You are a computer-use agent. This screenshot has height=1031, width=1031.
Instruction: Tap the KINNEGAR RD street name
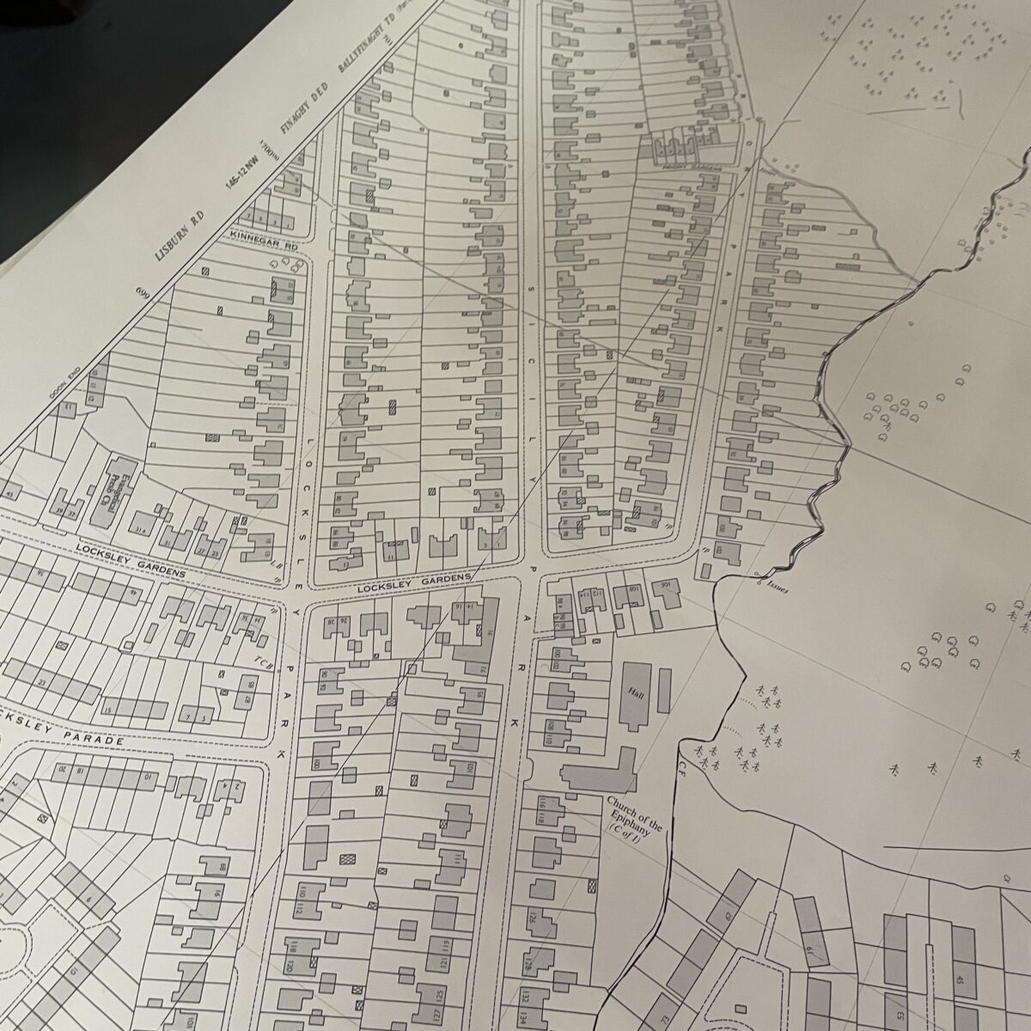[x=264, y=235]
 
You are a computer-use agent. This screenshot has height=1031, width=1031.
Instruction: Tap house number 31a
[x=140, y=522]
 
